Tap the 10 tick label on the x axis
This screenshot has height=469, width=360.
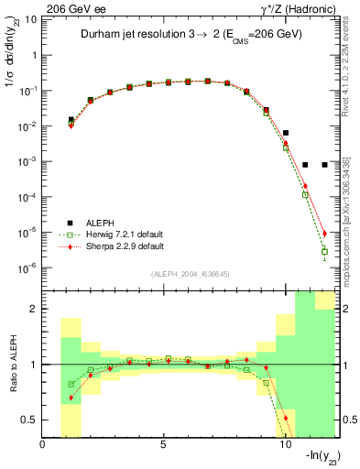(x=285, y=446)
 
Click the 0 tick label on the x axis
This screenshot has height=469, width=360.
(x=43, y=446)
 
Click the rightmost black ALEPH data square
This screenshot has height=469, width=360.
(x=325, y=165)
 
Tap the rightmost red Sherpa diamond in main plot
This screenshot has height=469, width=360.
(x=325, y=233)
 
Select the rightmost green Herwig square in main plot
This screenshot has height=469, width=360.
(x=325, y=251)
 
